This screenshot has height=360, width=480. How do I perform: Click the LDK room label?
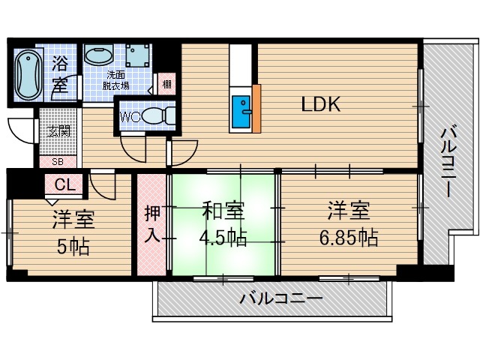(322, 104)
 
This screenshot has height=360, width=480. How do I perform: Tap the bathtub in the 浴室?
(25, 73)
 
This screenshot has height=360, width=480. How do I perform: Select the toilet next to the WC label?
(158, 116)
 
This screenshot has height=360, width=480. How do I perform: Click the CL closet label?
(64, 184)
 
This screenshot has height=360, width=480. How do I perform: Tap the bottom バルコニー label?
(281, 299)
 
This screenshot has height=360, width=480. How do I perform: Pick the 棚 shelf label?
(166, 82)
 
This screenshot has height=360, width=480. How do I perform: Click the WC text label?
(127, 116)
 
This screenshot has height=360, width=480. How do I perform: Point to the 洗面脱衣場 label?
(115, 79)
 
